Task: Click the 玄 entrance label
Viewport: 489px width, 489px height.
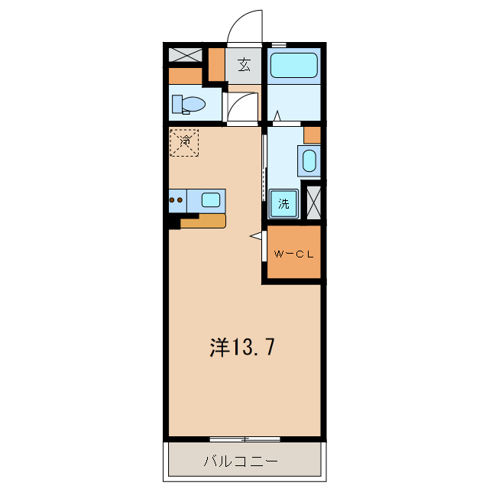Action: coord(244,65)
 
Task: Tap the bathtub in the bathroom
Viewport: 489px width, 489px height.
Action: coord(294,65)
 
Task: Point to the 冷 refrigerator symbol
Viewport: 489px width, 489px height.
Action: coord(184,141)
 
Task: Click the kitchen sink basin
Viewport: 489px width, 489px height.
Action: coord(211,200)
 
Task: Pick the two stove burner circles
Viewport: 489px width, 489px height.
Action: coord(176,201)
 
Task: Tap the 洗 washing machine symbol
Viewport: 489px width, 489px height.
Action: coord(283,203)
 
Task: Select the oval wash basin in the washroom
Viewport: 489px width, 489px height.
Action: coord(309,161)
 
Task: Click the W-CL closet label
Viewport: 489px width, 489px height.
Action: coord(293,254)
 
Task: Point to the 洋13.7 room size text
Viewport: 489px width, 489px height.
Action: coord(243,348)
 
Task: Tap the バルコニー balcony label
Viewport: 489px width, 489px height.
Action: coord(241,461)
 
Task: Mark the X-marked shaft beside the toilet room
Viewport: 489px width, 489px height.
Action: coord(186,55)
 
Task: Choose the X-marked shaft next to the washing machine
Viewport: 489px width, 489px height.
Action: coord(313,202)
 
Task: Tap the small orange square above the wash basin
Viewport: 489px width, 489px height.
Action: coord(312,135)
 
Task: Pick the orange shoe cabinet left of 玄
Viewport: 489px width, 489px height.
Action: coord(217,65)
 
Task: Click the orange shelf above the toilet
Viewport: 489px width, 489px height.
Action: coord(185,76)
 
